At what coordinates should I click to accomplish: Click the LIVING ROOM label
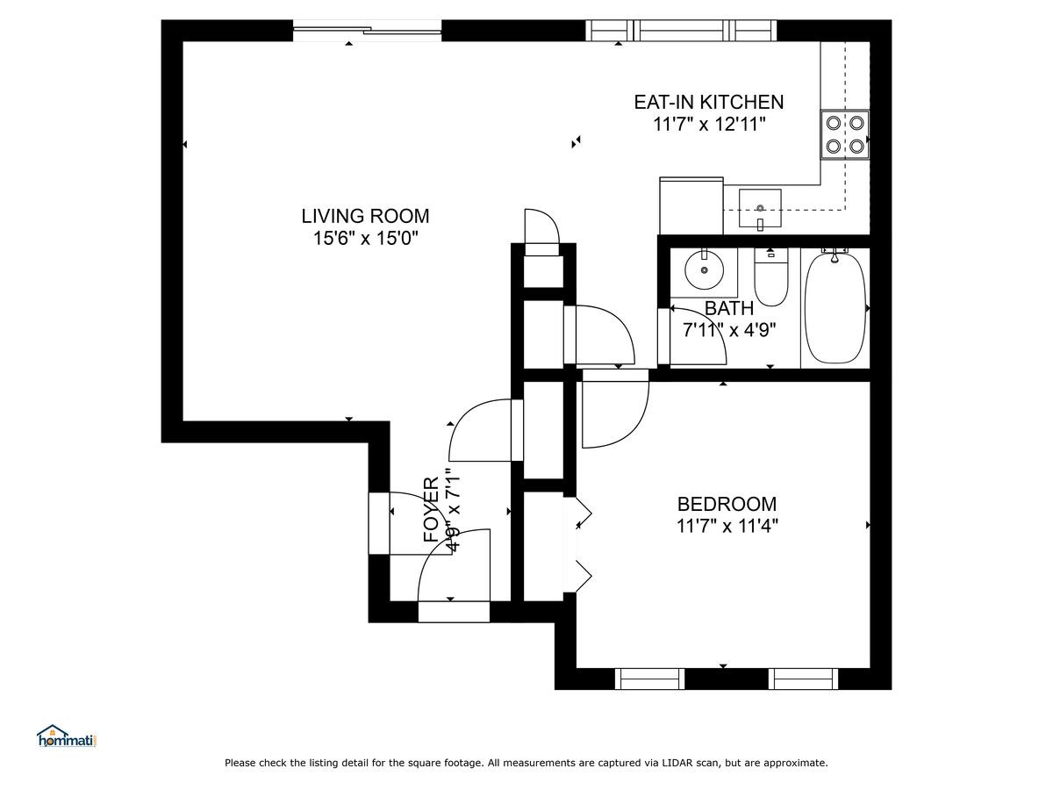(365, 216)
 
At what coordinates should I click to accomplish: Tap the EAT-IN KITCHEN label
(708, 102)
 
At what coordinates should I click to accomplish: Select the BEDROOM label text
(727, 504)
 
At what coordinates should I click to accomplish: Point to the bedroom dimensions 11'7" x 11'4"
(727, 526)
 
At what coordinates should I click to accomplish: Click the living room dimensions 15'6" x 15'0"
(366, 238)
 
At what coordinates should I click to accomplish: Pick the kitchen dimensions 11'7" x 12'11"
(708, 125)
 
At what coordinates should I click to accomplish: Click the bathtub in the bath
(835, 308)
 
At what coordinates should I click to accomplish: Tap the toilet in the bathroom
(771, 277)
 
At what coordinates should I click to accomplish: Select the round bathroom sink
(704, 270)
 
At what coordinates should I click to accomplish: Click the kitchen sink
(760, 208)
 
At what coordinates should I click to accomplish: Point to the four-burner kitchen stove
(845, 135)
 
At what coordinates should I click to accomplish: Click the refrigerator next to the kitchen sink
(691, 205)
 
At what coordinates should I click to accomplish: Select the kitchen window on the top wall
(681, 31)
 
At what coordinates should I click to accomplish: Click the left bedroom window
(649, 679)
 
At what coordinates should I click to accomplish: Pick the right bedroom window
(803, 679)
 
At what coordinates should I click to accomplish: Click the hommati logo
(67, 736)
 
